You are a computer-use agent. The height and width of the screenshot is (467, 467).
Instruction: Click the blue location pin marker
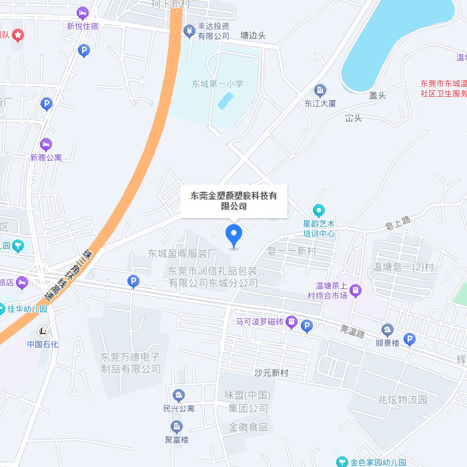pos(233,236)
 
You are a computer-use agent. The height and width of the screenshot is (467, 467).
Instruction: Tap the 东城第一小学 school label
pos(217,84)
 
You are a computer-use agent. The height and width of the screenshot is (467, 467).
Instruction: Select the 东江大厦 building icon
pos(320,90)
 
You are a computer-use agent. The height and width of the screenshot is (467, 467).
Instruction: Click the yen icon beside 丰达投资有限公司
pos(189,31)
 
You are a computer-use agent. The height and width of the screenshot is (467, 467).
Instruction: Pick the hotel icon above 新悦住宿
pos(83,13)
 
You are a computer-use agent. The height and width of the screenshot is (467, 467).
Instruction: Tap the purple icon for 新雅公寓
pos(46,144)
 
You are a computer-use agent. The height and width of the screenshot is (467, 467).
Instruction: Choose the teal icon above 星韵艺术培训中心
pos(319,209)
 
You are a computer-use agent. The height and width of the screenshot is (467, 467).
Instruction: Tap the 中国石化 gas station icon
pos(43,330)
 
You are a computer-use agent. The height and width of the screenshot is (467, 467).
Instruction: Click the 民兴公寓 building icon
pos(178,395)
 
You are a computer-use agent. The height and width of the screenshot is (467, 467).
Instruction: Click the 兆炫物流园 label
pos(402,400)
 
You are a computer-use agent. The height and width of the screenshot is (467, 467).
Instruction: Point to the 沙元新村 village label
pos(270,372)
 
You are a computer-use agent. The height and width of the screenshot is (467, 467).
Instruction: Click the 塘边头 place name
pos(253,35)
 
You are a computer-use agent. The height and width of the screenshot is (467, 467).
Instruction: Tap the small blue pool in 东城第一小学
pos(225,100)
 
